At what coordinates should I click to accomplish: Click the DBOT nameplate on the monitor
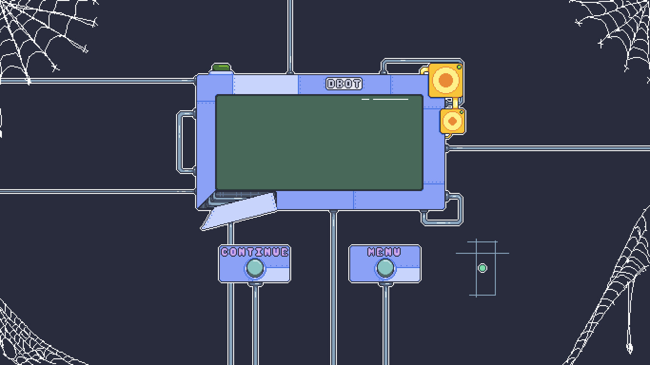click(344, 84)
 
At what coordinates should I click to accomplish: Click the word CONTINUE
click(255, 252)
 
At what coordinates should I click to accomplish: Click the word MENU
click(384, 252)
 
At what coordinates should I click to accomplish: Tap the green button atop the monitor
click(221, 67)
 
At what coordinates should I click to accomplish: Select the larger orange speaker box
click(445, 80)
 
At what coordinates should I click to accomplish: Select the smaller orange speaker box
click(453, 122)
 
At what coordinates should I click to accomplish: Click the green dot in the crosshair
click(482, 268)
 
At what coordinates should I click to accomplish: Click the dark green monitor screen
click(319, 143)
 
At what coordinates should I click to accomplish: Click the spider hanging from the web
click(629, 348)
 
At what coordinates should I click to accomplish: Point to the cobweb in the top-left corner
click(38, 38)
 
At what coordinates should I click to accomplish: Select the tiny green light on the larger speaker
click(459, 67)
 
